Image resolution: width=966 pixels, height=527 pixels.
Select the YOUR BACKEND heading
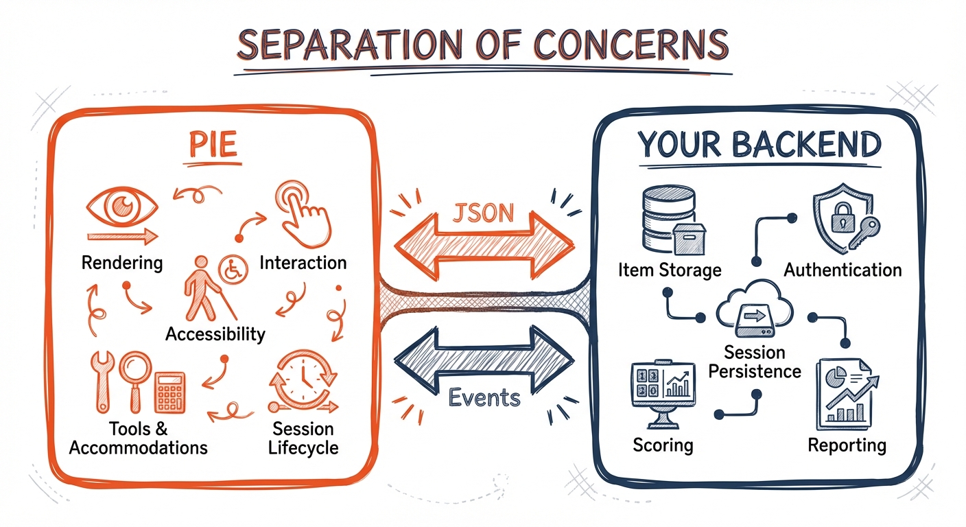[x=758, y=145]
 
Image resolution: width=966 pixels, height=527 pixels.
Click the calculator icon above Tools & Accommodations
[x=169, y=393]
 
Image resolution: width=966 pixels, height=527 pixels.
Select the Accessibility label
[x=215, y=334]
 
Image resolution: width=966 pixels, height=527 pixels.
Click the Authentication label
[x=843, y=270]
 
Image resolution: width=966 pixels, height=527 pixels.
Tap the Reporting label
[x=847, y=445]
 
